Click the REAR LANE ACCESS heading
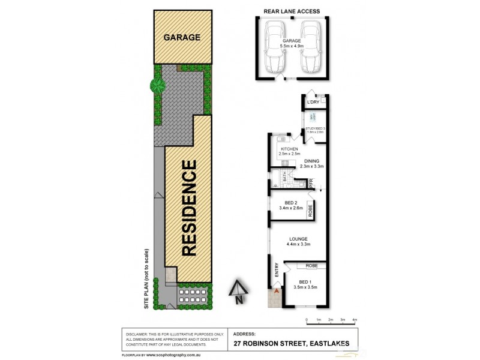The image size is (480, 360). (x=292, y=11)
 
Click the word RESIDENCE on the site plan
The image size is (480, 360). (x=189, y=208)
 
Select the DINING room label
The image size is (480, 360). (x=311, y=161)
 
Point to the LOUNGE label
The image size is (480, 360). (x=297, y=238)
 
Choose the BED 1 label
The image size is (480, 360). (x=305, y=281)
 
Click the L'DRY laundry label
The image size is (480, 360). (x=313, y=103)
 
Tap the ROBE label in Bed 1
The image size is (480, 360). (x=311, y=265)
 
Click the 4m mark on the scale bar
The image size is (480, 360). (x=355, y=320)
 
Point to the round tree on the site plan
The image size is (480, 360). (x=158, y=86)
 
